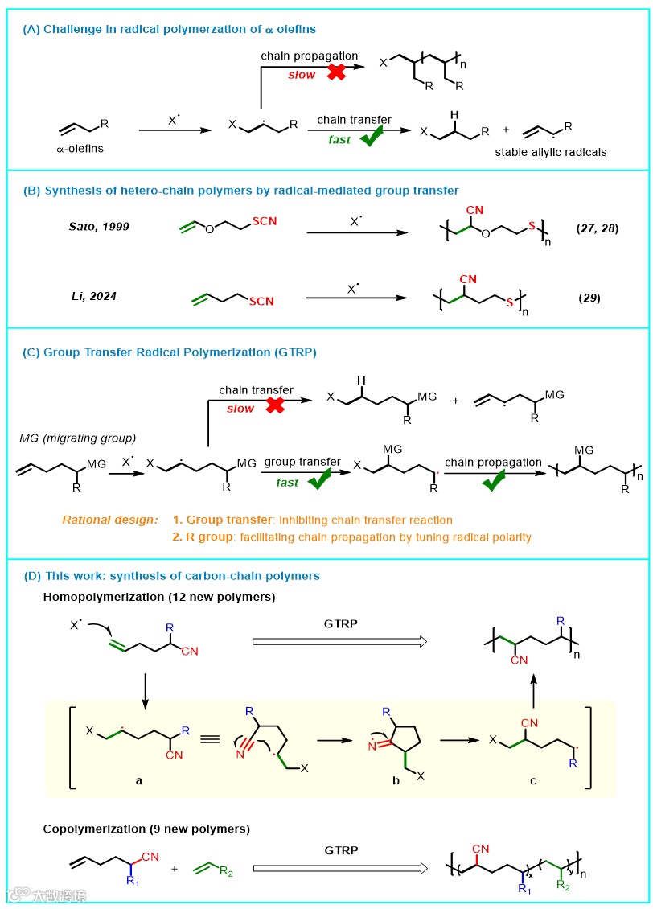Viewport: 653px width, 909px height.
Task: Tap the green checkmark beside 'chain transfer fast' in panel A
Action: (x=371, y=138)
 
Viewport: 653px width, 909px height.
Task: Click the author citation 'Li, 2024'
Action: (x=92, y=296)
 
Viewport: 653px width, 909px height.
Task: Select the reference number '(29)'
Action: (x=589, y=298)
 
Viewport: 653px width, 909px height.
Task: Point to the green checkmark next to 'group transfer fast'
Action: (x=319, y=481)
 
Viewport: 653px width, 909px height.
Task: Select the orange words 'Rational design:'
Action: (x=109, y=520)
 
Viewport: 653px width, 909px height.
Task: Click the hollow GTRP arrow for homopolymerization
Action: (x=338, y=640)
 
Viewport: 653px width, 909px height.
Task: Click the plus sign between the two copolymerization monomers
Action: (x=174, y=870)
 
